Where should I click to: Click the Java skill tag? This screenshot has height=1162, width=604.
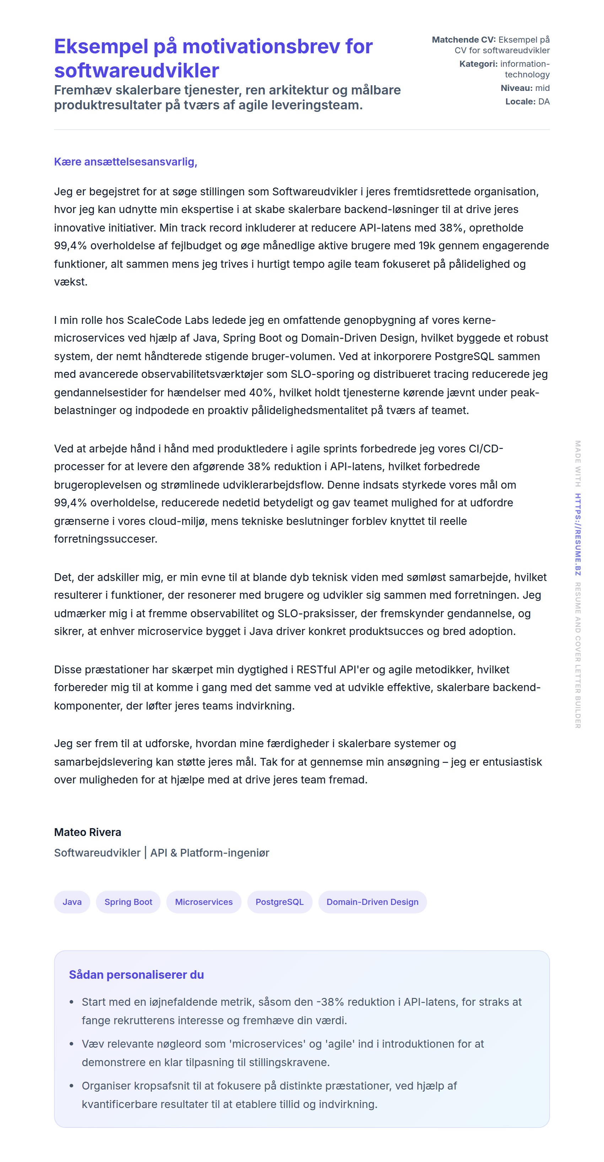(x=72, y=902)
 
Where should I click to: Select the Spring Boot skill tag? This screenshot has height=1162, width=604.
(x=128, y=902)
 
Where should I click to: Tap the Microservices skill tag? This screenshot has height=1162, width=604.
(x=204, y=902)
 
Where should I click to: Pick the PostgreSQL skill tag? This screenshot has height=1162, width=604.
(x=279, y=902)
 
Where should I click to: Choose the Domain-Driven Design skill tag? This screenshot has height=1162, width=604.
(x=372, y=902)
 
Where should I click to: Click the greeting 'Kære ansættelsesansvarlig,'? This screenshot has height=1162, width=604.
(x=125, y=162)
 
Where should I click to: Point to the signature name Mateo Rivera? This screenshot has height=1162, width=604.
(x=87, y=832)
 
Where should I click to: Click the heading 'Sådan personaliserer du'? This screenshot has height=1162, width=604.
(x=136, y=974)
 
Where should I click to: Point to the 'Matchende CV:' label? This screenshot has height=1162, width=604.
(x=464, y=40)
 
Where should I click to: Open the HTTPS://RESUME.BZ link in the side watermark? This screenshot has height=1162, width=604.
(x=577, y=534)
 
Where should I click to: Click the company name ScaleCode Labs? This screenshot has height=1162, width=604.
(x=168, y=320)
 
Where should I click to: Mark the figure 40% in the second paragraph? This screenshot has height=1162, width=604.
(x=261, y=392)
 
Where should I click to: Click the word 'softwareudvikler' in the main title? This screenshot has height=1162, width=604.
(x=136, y=70)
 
